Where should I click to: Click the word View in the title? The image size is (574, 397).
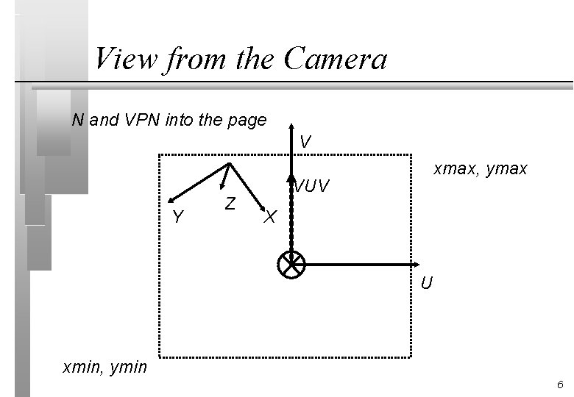(127, 59)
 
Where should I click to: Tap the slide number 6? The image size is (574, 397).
(560, 385)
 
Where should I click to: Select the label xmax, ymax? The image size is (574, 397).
(480, 169)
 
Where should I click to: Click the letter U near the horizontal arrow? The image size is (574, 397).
(427, 283)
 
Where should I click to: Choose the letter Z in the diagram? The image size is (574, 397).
(230, 203)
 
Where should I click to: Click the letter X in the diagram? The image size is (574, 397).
(270, 217)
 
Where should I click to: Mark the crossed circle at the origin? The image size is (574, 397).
(291, 265)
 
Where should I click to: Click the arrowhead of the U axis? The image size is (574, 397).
(416, 265)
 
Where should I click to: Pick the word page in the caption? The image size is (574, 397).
(247, 121)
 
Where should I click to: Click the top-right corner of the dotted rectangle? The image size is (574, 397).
(411, 154)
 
